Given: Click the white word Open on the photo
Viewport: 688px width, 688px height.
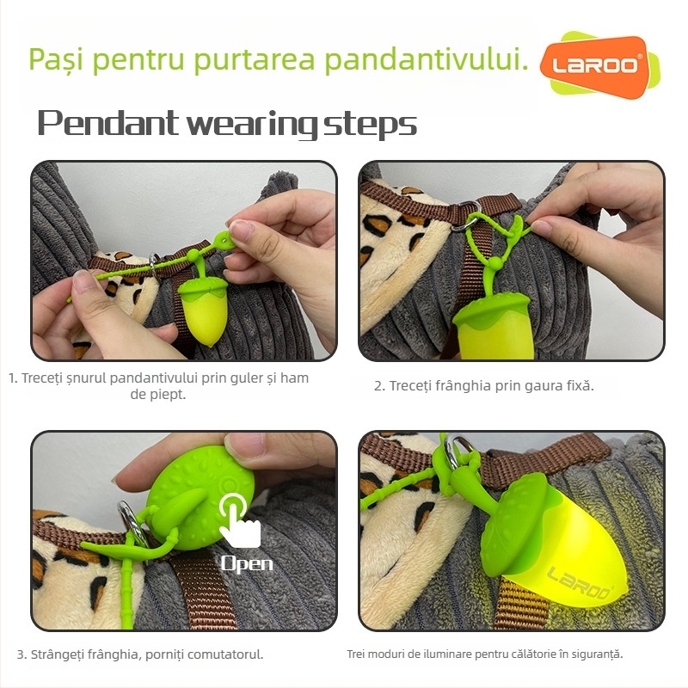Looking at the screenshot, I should click(247, 564).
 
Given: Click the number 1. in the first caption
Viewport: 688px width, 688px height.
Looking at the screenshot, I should click(13, 378).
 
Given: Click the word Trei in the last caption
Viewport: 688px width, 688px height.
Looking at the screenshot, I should click(357, 654).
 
